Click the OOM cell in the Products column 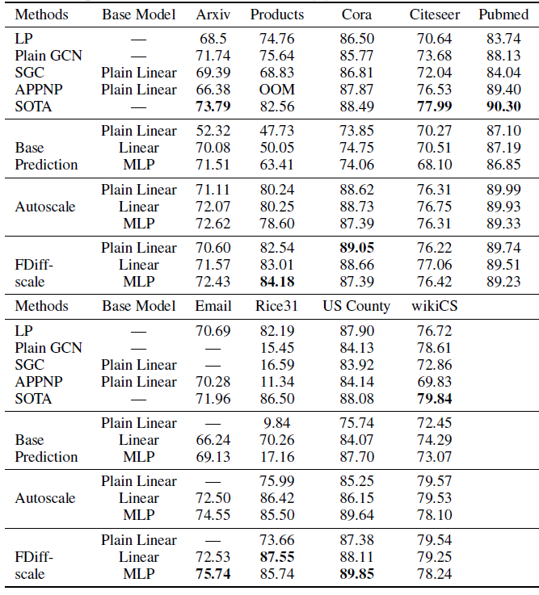277,90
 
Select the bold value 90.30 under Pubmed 503,106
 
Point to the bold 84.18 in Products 277,282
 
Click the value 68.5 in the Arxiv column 213,39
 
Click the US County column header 356,306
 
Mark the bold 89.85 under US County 356,574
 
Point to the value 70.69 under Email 213,331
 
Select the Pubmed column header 503,15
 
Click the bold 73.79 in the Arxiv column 213,106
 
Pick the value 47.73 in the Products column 277,131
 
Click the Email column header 213,306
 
